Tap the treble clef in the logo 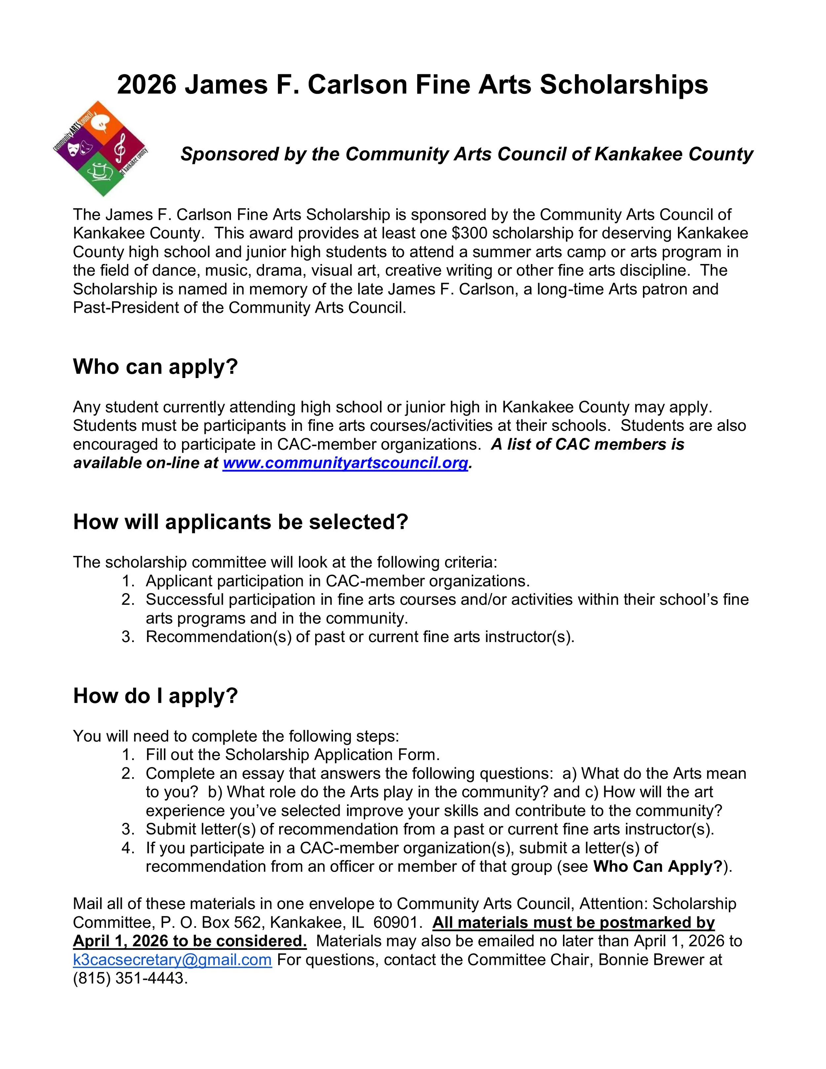click(x=119, y=149)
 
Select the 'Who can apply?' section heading click(x=155, y=366)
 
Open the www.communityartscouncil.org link click(x=346, y=463)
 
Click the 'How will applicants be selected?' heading click(x=240, y=522)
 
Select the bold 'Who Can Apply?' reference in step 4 click(x=658, y=866)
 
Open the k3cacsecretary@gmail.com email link click(x=172, y=959)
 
